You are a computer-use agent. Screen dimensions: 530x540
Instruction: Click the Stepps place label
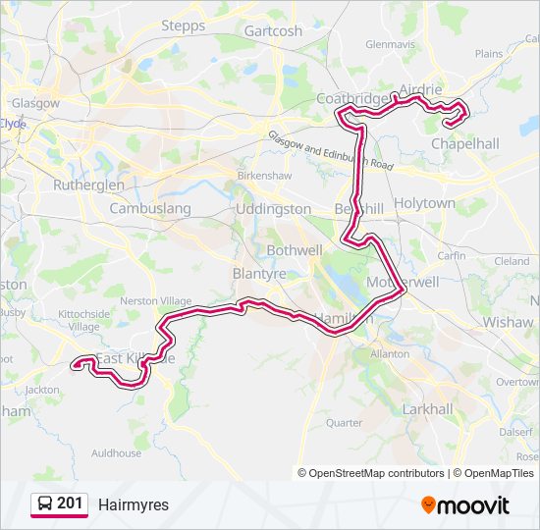183,26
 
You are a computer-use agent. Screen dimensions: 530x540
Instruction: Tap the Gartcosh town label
273,30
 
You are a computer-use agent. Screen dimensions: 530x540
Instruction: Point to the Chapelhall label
465,143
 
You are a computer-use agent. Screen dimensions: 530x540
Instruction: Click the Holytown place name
424,203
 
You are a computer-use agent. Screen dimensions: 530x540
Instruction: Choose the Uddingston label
274,209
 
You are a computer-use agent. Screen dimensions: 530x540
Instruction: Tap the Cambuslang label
150,209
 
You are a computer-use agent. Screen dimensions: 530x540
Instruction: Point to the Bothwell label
295,250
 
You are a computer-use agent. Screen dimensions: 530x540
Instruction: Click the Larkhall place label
428,408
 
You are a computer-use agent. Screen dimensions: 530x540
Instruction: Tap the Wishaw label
509,321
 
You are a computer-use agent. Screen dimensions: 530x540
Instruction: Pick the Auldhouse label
116,453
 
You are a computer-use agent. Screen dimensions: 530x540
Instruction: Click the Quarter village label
344,423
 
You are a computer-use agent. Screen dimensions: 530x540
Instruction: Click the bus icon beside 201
45,504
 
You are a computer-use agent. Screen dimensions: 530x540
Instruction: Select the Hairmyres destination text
134,505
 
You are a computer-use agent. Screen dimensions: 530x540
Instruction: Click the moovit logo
465,505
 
